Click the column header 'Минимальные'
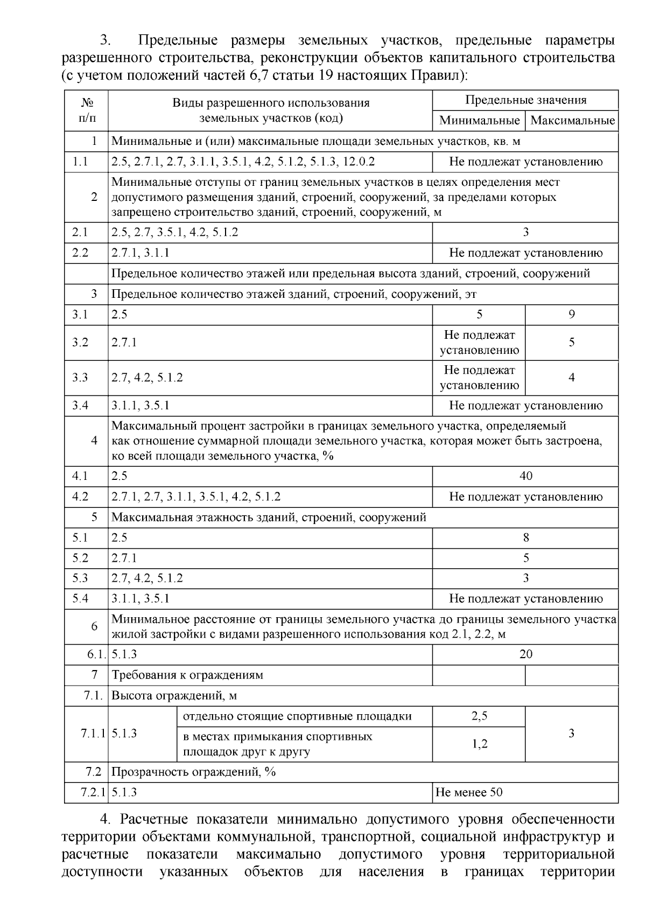479,120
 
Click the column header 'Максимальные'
572,120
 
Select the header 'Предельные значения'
525,100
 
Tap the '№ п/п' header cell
86,110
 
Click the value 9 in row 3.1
572,314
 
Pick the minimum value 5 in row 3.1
479,314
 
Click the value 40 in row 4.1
525,476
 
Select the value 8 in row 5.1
525,538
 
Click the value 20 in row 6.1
525,654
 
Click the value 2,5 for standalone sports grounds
479,716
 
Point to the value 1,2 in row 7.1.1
479,744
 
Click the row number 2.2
80,253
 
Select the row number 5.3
80,578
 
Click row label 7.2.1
91,792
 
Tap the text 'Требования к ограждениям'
187,674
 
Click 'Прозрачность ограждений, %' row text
193,771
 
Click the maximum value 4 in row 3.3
572,377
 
